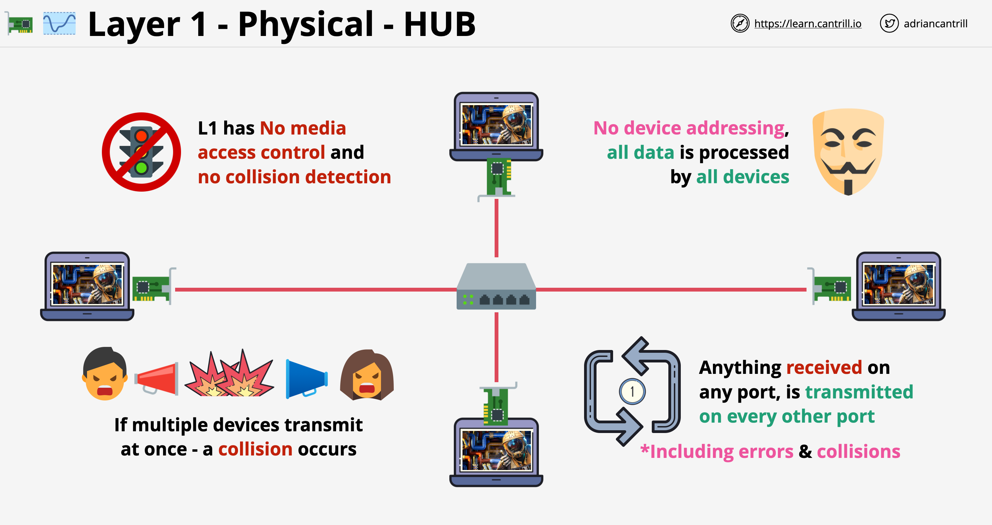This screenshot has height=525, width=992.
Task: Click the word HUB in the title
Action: pos(439,24)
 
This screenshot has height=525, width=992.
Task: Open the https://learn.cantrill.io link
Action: pos(807,24)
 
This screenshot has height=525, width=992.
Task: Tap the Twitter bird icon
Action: pos(889,24)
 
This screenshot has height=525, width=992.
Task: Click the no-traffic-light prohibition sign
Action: pos(141,152)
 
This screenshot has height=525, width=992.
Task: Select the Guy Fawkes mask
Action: pos(848,151)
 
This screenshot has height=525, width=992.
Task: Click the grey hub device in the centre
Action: pos(496,286)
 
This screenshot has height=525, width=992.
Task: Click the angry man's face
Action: pos(104,374)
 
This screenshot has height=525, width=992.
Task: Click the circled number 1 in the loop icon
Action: pos(632,392)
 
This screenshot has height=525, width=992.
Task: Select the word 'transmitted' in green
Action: pos(859,392)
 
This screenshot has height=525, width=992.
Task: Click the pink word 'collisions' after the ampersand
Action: pos(858,451)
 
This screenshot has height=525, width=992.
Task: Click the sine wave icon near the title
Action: pos(59,24)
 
